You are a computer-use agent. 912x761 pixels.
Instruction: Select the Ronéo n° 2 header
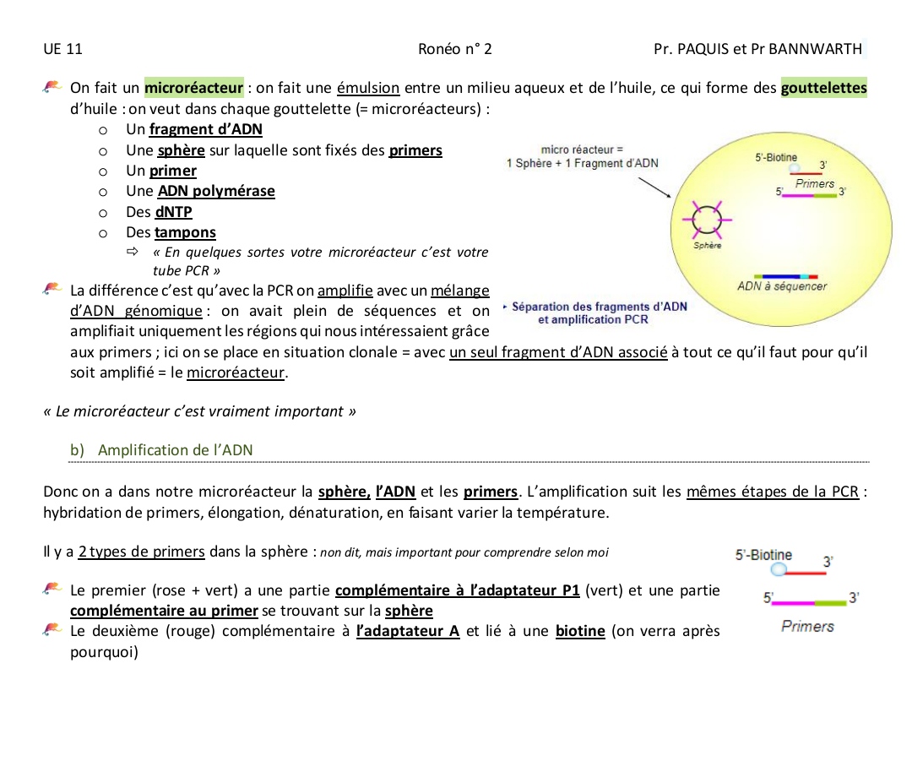(455, 49)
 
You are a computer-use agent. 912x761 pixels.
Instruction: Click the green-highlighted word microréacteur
(194, 88)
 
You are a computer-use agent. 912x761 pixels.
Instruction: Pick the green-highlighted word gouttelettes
(824, 88)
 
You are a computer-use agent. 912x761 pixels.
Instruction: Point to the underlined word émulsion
(368, 88)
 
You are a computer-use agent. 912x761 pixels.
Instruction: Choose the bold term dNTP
(174, 212)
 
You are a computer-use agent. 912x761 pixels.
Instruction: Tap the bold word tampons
(186, 232)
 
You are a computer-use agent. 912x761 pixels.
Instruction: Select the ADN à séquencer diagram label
(782, 286)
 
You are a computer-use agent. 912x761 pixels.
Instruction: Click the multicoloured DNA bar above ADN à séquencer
(787, 275)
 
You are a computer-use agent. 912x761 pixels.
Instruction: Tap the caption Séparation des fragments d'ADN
(600, 307)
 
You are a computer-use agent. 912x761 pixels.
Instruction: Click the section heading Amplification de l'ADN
(175, 450)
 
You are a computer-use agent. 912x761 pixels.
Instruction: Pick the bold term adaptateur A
(408, 631)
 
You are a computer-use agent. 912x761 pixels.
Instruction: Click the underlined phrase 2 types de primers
(141, 552)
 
